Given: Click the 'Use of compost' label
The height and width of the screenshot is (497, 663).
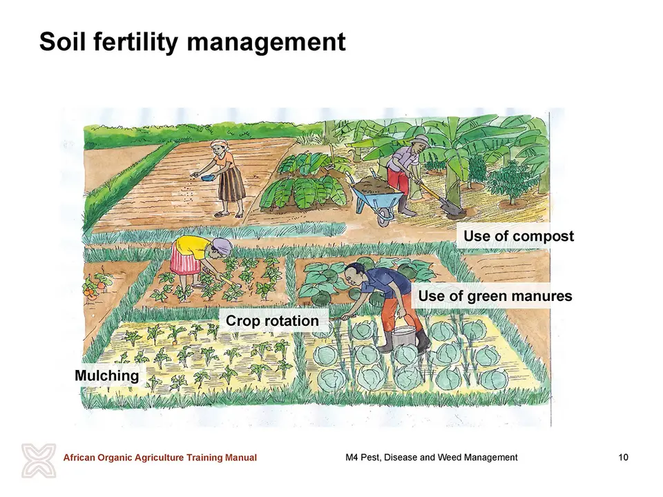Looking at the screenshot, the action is click(x=519, y=236).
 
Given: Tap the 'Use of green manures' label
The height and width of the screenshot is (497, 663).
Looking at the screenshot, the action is click(x=495, y=296).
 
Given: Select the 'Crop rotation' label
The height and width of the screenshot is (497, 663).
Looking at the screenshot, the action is click(x=272, y=321).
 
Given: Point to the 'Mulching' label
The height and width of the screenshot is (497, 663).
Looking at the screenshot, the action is click(x=106, y=376).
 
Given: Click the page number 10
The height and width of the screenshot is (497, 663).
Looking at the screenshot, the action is click(x=623, y=457).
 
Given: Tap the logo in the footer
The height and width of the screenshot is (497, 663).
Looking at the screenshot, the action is click(x=39, y=460).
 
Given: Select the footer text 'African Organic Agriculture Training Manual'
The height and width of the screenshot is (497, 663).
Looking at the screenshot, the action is click(x=160, y=457).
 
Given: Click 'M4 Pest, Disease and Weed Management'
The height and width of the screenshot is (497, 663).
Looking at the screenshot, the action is click(x=431, y=457).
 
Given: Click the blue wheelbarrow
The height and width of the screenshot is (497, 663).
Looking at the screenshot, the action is click(x=374, y=197).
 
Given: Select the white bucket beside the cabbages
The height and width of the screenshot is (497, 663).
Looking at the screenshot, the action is click(x=403, y=337).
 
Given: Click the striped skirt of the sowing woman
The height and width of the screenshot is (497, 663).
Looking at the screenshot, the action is click(x=232, y=183).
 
